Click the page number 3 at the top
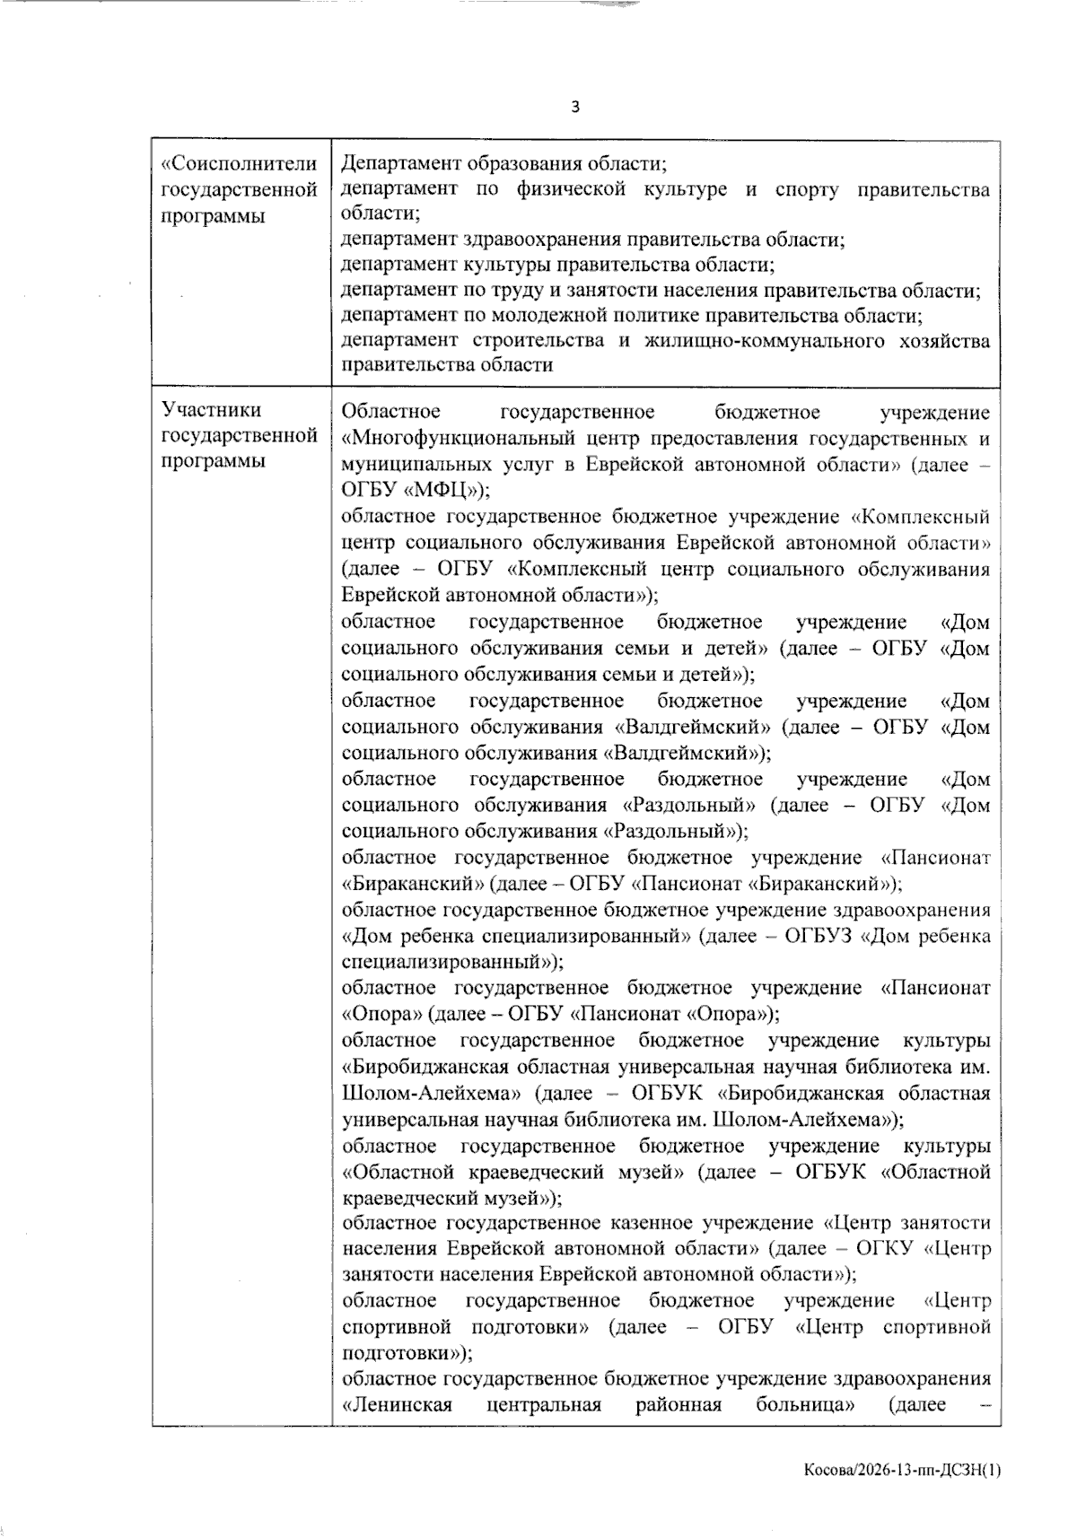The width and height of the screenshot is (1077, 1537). [575, 108]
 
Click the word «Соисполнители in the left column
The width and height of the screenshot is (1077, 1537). [239, 164]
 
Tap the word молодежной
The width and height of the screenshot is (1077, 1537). [545, 316]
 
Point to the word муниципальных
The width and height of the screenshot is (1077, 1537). [414, 465]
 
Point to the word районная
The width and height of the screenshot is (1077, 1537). [679, 1404]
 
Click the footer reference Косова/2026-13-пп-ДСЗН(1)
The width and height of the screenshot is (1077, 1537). [902, 1471]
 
